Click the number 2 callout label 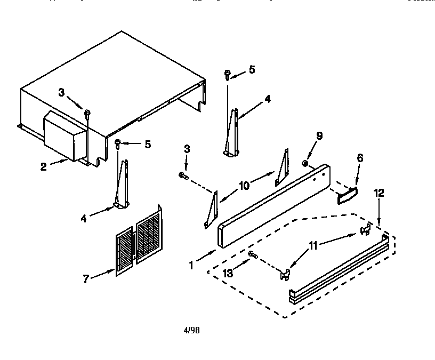click(44, 166)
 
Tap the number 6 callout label click(360, 158)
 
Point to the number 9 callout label click(319, 136)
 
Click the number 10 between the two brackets click(244, 186)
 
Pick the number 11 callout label click(313, 246)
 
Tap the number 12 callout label click(378, 193)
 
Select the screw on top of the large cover click(86, 113)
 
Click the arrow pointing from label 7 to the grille click(104, 274)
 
